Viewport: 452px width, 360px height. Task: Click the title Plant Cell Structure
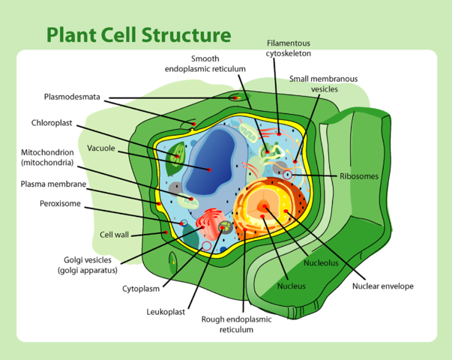coord(139,34)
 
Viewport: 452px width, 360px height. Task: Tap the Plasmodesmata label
coord(72,97)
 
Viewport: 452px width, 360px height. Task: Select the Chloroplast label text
coord(52,122)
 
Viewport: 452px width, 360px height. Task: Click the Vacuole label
coord(101,148)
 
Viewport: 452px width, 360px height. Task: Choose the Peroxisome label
coord(60,202)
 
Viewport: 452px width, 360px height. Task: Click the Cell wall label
coord(115,234)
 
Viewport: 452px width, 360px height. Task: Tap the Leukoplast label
coord(166,311)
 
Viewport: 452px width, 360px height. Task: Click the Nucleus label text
coord(291,286)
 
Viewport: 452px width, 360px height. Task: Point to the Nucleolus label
coord(321,263)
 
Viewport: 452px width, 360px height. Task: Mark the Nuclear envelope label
coord(382,286)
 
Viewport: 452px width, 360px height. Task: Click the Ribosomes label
coord(359,176)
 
